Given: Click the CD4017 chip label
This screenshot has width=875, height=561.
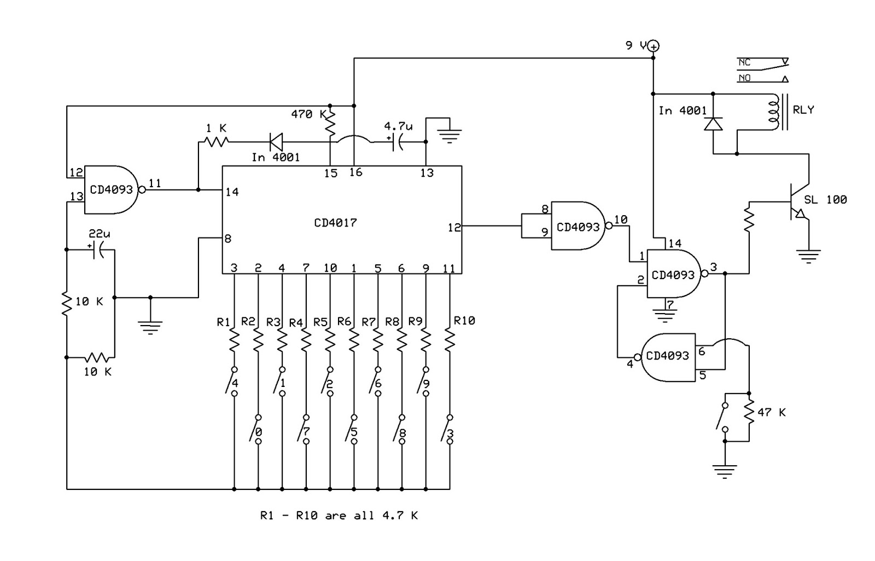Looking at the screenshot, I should [335, 223].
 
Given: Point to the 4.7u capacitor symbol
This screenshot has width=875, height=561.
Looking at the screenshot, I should [398, 142].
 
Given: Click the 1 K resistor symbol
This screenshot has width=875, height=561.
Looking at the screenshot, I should [215, 142].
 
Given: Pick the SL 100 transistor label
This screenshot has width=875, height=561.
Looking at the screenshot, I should [825, 200].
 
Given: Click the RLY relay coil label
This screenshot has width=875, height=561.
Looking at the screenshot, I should [803, 110].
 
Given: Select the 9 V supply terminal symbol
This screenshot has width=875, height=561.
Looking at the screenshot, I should [654, 47].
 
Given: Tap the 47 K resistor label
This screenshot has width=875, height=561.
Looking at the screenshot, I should [772, 412].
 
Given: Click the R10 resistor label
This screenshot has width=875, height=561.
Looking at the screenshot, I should [464, 321].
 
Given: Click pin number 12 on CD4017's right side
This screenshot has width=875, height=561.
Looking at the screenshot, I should [454, 227].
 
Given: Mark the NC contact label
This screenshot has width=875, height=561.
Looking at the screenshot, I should [744, 62].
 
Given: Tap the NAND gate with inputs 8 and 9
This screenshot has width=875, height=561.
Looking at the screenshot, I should [579, 226].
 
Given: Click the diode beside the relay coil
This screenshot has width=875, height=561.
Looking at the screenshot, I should [713, 124].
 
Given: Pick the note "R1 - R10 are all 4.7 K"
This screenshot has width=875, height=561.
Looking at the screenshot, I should [339, 516].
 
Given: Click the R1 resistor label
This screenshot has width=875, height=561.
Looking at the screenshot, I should [223, 322].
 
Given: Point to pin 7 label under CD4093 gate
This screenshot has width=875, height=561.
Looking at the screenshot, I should [670, 304].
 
